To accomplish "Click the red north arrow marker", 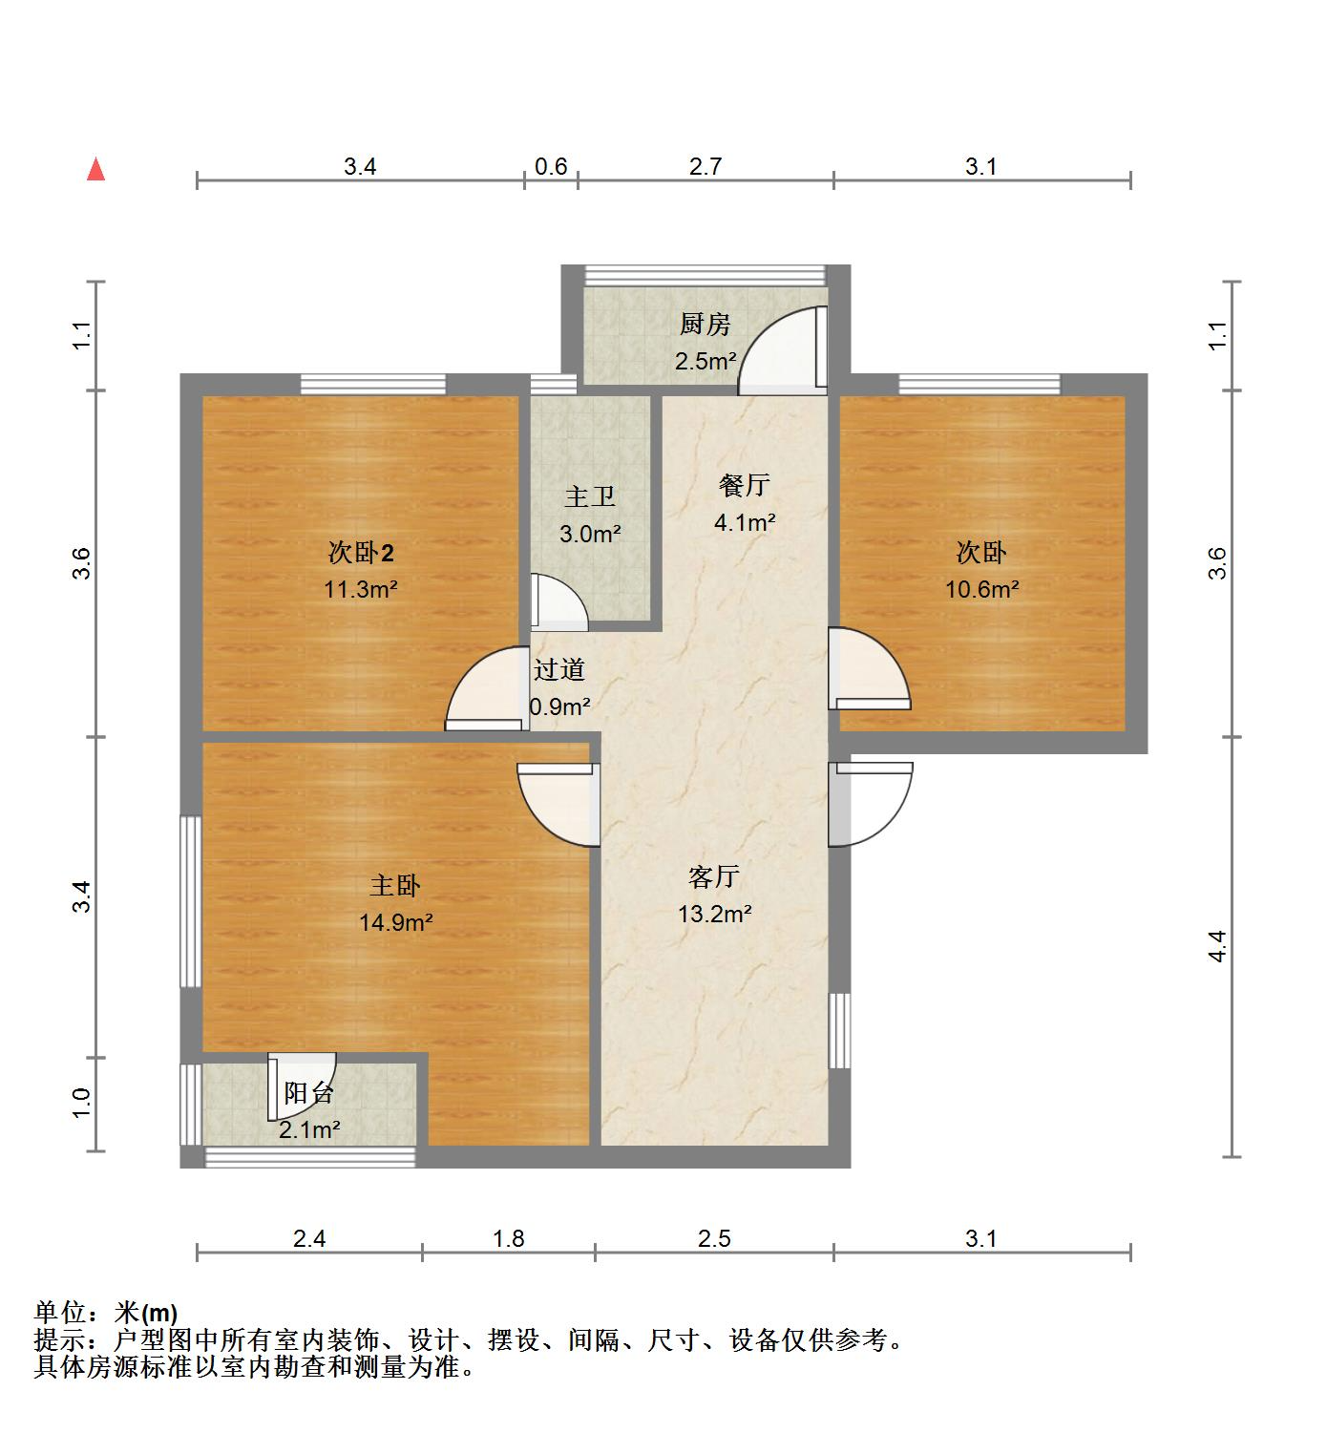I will (x=95, y=170).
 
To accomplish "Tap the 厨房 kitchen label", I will (x=705, y=325).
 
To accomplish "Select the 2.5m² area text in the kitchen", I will (x=705, y=362).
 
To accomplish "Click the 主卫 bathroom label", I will (x=589, y=496).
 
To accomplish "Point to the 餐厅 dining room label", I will (x=744, y=485).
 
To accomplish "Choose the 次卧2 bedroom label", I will (x=360, y=553).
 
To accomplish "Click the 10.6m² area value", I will (x=981, y=589).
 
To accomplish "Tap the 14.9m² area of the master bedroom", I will (x=395, y=922).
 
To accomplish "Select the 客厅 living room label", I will (x=714, y=876).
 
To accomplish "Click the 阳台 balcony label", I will (x=308, y=1093).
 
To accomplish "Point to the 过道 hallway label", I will (x=558, y=670).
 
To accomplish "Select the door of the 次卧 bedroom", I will (x=867, y=668).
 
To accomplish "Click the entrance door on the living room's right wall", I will (x=869, y=804).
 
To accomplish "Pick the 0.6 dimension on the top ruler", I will (x=551, y=167).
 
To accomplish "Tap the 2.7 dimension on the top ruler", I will (x=705, y=167).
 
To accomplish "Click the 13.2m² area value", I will (x=714, y=914).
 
